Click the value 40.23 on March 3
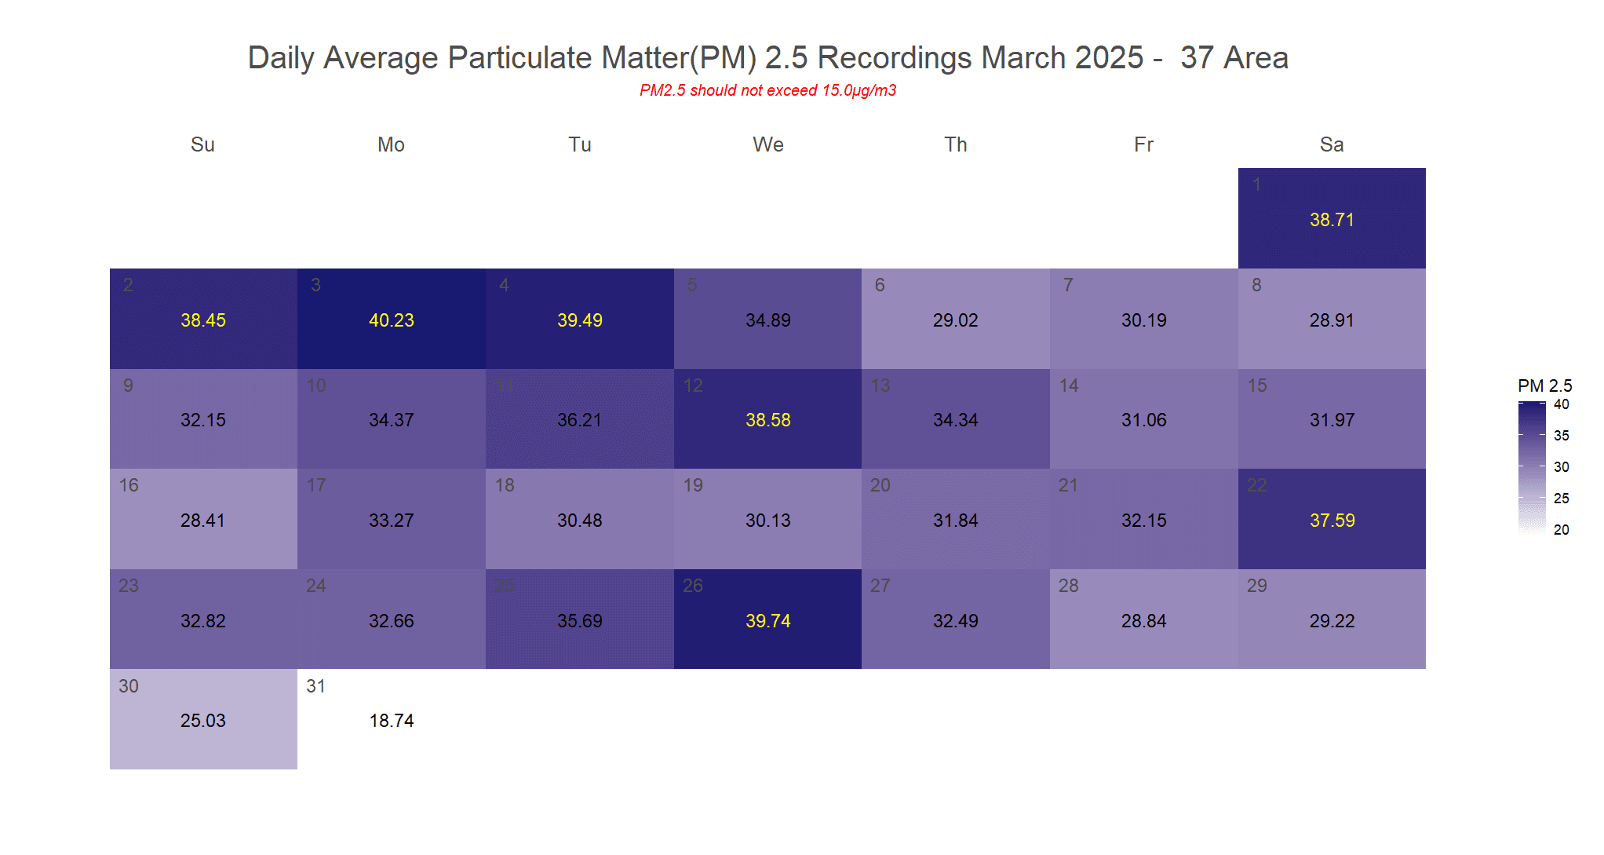[x=392, y=320]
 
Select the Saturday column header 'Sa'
[x=1332, y=144]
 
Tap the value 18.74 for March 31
[x=392, y=721]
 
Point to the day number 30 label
[x=129, y=686]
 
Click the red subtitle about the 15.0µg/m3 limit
[x=767, y=90]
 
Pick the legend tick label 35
[x=1562, y=436]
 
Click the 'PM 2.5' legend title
[x=1544, y=385]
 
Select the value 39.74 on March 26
[x=767, y=621]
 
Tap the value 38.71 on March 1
[x=1332, y=220]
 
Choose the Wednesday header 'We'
[x=767, y=144]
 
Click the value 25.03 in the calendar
[x=203, y=721]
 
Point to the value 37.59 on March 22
[x=1332, y=521]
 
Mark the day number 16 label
[x=129, y=485]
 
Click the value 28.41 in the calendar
[x=203, y=521]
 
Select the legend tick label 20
[x=1562, y=530]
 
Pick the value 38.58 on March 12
[x=767, y=420]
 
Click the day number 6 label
[x=880, y=285]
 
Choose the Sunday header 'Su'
[x=202, y=144]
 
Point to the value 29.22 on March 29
[x=1332, y=621]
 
